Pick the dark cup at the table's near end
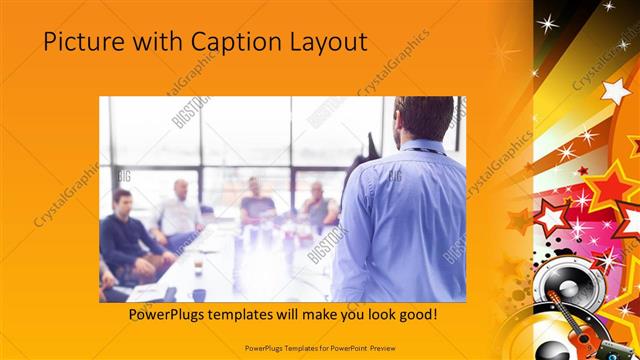[199, 295]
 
